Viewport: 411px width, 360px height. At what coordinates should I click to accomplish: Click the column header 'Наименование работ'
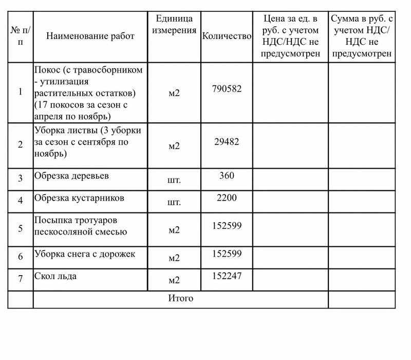90,36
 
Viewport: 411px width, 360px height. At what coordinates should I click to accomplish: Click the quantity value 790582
227,88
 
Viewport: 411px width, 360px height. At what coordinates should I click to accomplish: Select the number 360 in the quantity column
227,176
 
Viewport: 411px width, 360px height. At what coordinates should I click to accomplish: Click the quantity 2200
227,197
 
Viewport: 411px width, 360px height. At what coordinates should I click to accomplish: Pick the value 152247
227,276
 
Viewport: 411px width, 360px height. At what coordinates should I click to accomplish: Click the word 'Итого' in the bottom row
181,298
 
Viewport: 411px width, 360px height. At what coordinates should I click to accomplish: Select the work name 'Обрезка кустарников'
79,197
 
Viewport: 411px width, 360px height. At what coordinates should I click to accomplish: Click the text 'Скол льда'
55,276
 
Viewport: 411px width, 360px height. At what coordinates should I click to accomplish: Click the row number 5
21,228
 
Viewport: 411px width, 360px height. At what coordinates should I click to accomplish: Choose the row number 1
21,92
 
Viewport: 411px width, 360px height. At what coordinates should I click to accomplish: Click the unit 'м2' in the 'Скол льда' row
174,280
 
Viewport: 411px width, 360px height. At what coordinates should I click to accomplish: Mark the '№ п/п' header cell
21,36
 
